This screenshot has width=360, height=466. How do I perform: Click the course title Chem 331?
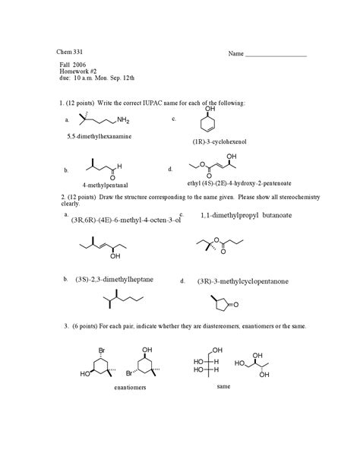tap(72, 51)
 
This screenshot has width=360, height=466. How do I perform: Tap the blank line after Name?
tap(277, 56)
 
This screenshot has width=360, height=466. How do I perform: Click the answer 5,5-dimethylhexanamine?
tap(99, 135)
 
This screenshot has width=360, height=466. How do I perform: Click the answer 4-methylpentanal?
tap(106, 185)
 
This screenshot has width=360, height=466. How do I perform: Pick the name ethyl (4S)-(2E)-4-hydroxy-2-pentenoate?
tap(238, 183)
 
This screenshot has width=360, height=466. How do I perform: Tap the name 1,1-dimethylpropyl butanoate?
tap(240, 216)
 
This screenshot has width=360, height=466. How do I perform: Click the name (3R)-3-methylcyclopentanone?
tap(242, 281)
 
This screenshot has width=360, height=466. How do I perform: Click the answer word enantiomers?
tap(130, 387)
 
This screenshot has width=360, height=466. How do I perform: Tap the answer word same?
tap(223, 385)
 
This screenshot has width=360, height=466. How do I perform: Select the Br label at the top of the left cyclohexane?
tap(102, 350)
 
